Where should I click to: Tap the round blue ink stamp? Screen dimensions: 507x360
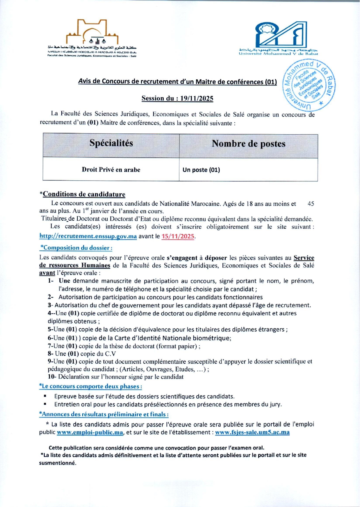pos(309,85)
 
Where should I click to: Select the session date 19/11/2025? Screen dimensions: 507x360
pos(197,99)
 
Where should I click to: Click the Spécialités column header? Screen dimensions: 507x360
pos(111,143)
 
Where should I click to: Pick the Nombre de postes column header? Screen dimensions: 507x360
pos(248,144)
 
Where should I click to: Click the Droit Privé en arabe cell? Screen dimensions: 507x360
pos(111,170)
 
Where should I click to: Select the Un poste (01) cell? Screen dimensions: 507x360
pos(201,170)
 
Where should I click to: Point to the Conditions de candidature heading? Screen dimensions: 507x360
pos(84,194)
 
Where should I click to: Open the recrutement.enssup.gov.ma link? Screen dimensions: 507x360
pos(88,236)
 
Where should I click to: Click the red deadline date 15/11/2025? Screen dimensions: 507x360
pos(178,236)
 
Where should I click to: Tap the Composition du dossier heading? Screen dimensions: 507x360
pos(76,248)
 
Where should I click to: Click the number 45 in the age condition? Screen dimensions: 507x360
pos(311,204)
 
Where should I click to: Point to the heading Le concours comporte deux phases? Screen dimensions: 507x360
pos(91,386)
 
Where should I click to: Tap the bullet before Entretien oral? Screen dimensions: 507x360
pos(45,404)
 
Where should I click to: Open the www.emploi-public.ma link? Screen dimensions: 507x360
pos(90,432)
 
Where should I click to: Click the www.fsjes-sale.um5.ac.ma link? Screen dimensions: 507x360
pos(252,432)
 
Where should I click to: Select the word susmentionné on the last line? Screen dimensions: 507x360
pos(58,463)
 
